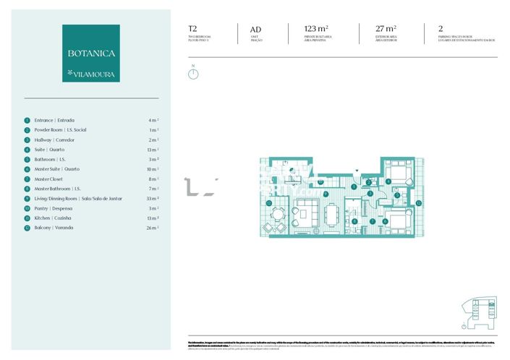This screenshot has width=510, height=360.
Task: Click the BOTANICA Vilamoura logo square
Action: (x=90, y=53)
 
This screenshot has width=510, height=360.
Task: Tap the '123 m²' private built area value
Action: (x=317, y=29)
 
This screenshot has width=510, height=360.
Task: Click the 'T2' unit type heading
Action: (x=192, y=29)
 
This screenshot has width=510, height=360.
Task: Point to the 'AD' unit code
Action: (x=245, y=30)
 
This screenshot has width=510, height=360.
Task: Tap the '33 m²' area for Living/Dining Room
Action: (x=152, y=198)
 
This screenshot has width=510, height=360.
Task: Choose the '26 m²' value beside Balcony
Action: (x=152, y=228)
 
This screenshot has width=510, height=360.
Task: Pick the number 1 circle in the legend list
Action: (x=27, y=120)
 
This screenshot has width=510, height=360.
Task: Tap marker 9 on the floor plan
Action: (x=326, y=194)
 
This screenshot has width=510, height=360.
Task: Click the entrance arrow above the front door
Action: (x=355, y=171)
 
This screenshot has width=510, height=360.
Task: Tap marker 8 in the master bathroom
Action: (x=354, y=221)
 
